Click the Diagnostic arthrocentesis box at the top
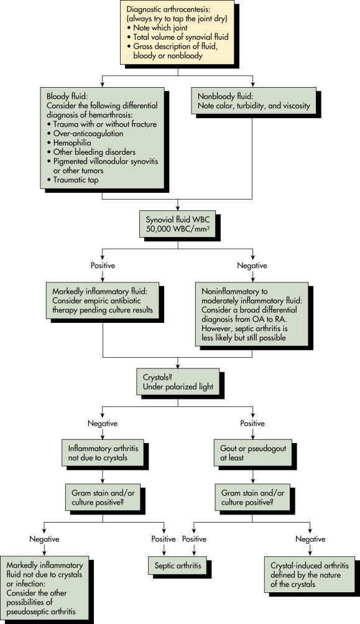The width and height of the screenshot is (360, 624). point(177,32)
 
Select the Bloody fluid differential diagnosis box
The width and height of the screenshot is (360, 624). point(102,137)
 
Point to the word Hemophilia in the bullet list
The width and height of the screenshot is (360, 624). point(72,143)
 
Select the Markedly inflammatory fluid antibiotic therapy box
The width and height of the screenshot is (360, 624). point(103,300)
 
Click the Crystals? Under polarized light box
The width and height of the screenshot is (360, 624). point(178,382)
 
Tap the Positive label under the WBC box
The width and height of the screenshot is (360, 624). point(103,266)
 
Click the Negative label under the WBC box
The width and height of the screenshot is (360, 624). point(252,266)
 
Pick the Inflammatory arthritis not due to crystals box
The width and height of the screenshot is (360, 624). point(103,453)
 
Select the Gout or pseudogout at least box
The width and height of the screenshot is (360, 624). point(253,453)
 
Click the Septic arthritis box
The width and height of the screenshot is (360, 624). point(178,566)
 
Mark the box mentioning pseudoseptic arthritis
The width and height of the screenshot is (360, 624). point(45,588)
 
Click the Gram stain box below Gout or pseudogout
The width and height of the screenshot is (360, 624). point(253,498)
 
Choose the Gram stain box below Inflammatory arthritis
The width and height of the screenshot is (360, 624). point(103,498)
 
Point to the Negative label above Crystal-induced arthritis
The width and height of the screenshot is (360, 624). point(310,539)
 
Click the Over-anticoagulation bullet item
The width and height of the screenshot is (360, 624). point(88,134)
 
